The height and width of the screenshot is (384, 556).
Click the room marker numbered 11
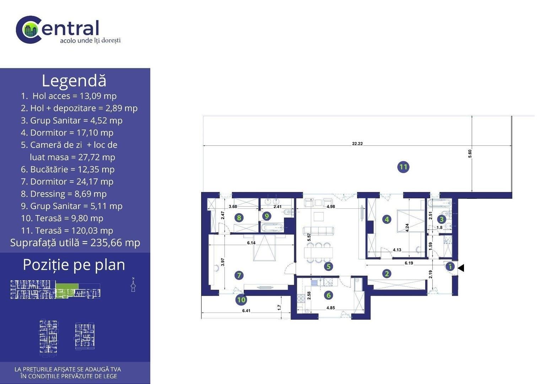pos(403,167)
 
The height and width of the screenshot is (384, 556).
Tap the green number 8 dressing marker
pos(239,218)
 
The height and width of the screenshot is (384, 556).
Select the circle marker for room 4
pos(387,219)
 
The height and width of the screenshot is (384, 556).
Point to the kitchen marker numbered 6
pos(329,295)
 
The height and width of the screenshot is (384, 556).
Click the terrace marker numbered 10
pos(241,300)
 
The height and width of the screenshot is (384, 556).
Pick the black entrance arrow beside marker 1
pos(461,268)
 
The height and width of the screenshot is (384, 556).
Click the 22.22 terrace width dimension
pos(357,144)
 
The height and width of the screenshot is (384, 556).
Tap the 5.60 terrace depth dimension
pos(470,154)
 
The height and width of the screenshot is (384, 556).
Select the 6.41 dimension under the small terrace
pos(246,311)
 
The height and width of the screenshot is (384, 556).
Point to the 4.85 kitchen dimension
pos(331,308)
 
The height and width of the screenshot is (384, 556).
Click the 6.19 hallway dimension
pos(409,263)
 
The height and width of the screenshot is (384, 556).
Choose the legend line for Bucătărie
pos(68,169)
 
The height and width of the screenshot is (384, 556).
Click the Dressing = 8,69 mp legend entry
pos(64,194)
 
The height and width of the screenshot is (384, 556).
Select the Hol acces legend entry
pos(69,96)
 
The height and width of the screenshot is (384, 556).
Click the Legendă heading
pos(74,81)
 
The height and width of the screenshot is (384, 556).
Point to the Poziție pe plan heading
pos(74,265)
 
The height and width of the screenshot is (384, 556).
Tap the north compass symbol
pos(133,285)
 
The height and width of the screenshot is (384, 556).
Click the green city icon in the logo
pos(29,30)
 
